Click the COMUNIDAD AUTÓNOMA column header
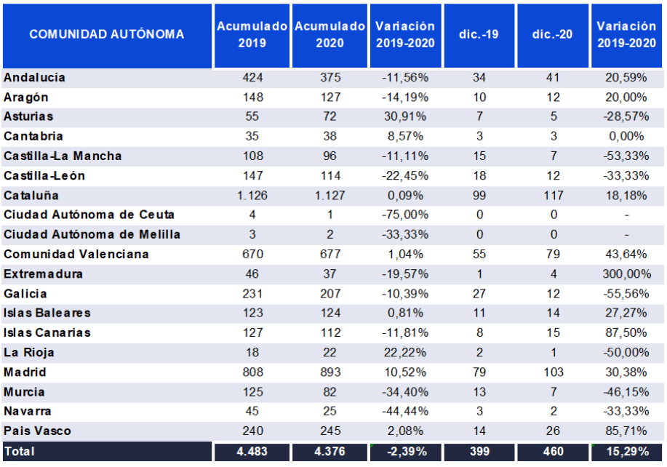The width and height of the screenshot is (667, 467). (107, 34)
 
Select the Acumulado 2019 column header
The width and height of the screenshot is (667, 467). (252, 34)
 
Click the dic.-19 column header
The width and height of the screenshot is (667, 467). (479, 34)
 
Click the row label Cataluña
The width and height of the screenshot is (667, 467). (31, 196)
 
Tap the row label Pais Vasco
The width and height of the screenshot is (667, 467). (37, 431)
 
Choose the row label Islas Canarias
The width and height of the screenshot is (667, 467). (47, 333)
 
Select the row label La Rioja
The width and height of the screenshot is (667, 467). (29, 353)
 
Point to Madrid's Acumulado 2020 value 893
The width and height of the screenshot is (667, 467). (329, 372)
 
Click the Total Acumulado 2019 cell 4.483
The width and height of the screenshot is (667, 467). (252, 452)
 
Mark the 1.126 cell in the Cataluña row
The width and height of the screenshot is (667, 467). (252, 196)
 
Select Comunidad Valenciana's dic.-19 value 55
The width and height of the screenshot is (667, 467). (479, 255)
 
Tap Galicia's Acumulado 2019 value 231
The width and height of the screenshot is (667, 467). (252, 294)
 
